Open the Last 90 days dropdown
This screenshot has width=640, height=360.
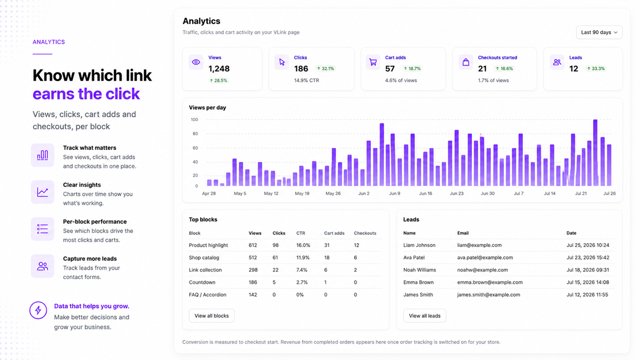point(599,32)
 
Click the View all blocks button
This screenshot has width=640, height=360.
point(212,316)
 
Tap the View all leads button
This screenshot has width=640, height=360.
point(424,316)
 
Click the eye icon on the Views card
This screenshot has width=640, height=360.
point(196,62)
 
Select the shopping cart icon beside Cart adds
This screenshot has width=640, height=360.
point(373,62)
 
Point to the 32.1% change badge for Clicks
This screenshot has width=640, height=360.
point(325,68)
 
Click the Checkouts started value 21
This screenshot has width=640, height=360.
point(482,68)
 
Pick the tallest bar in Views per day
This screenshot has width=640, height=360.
point(595,152)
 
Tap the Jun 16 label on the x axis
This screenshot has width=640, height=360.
point(426,194)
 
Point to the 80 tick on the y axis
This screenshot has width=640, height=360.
point(195,134)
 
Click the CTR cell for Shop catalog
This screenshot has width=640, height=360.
point(303,258)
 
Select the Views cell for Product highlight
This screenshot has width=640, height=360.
point(253,245)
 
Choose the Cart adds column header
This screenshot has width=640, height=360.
point(334,233)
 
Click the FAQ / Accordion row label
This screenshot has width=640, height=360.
point(208,294)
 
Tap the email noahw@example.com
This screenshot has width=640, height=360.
point(482,270)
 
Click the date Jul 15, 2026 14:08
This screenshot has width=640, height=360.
point(588,282)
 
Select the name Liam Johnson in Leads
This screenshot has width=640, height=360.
point(420,245)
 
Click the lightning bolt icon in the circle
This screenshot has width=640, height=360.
point(38,310)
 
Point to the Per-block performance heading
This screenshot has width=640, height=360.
point(95,222)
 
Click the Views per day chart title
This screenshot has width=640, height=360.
point(208,108)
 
